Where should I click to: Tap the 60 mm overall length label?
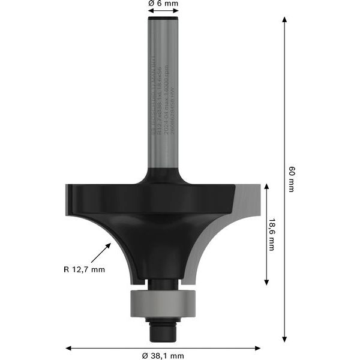(291, 179)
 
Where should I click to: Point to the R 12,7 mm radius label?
(85, 269)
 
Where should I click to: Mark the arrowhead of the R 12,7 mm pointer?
(109, 244)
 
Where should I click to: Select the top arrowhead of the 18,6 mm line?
(265, 187)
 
